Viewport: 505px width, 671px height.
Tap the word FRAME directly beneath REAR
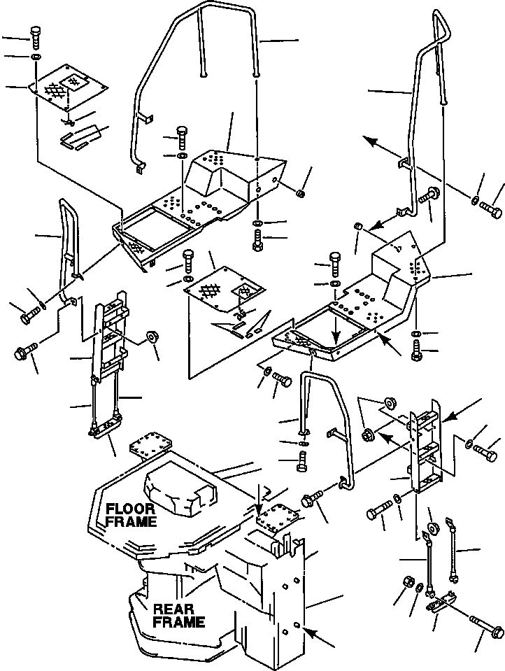click(180, 622)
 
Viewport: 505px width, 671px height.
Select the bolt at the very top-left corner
click(36, 35)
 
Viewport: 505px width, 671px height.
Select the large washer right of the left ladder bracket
click(151, 339)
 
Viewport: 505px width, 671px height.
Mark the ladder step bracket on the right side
click(424, 448)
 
